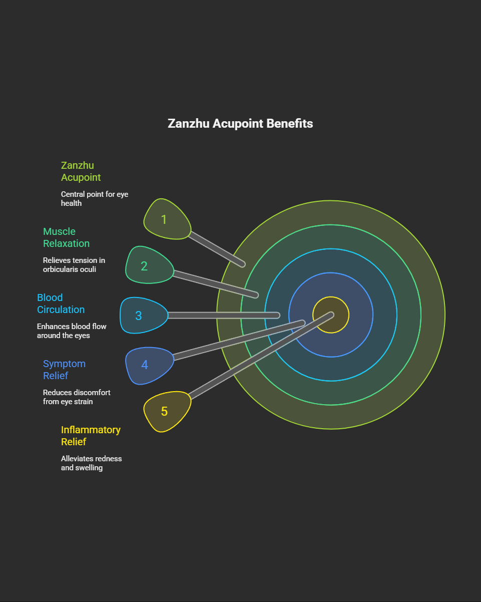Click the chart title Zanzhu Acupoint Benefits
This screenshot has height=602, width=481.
240,124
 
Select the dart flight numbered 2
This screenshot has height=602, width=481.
148,265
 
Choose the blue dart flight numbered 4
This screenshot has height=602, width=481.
148,365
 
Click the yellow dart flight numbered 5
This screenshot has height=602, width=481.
166,411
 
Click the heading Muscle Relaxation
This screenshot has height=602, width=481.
66,237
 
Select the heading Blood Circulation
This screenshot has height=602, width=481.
61,304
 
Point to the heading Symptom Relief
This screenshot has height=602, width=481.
64,370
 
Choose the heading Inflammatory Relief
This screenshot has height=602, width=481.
91,436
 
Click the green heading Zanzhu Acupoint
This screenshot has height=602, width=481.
81,171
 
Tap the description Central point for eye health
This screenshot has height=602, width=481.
95,198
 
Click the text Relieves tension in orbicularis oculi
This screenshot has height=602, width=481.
74,265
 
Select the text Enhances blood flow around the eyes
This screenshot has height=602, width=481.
72,331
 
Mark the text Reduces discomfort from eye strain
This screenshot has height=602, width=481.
77,397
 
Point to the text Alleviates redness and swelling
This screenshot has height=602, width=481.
91,463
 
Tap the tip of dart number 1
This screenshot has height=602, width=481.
242,263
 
